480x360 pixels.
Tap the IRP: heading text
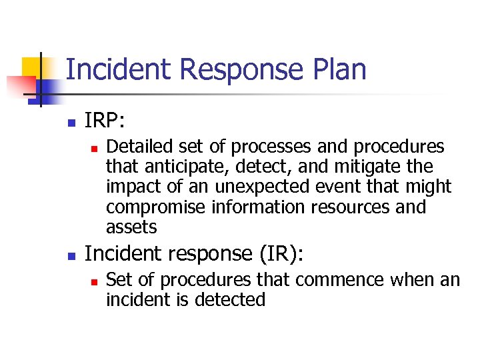click(105, 121)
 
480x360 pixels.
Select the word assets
click(131, 227)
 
